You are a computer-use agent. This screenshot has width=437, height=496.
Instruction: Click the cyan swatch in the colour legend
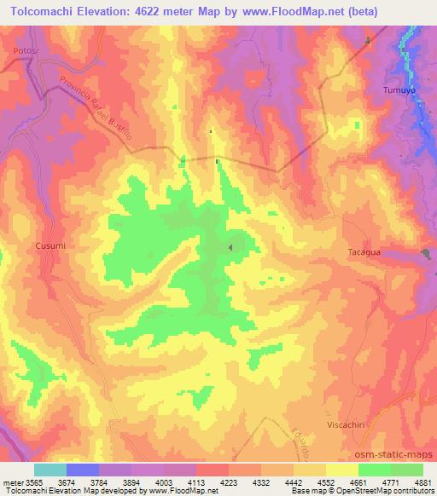tap(50, 470)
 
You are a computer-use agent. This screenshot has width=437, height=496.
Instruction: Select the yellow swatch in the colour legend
tap(342, 470)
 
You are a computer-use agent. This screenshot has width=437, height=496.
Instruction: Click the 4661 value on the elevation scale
tap(358, 482)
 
